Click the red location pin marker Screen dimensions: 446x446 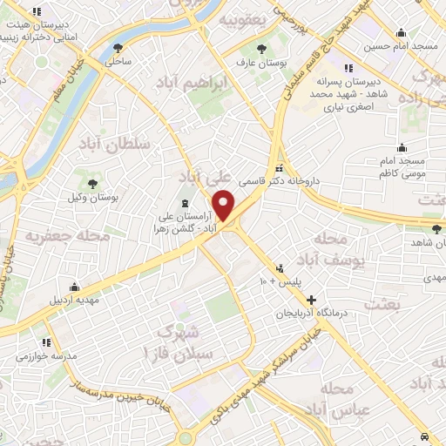pyautogui.click(x=224, y=206)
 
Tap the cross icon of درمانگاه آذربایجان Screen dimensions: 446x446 pyautogui.click(x=311, y=300)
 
